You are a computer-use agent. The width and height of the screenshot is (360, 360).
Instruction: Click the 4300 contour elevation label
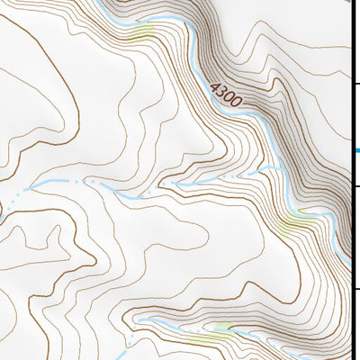(x=225, y=94)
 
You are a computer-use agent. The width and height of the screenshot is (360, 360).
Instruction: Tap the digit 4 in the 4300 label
(x=215, y=87)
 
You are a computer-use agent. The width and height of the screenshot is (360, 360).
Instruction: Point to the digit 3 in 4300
(x=221, y=92)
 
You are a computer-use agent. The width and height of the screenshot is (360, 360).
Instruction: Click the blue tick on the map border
(x=355, y=150)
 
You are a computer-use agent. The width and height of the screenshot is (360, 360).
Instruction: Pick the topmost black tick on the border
(x=355, y=84)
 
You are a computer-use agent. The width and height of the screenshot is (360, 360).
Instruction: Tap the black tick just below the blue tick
(x=355, y=186)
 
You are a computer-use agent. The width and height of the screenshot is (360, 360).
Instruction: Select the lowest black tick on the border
(x=355, y=289)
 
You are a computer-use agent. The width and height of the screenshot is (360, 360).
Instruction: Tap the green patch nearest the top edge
(x=142, y=34)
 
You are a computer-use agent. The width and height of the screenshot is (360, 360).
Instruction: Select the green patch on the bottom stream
(x=220, y=328)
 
